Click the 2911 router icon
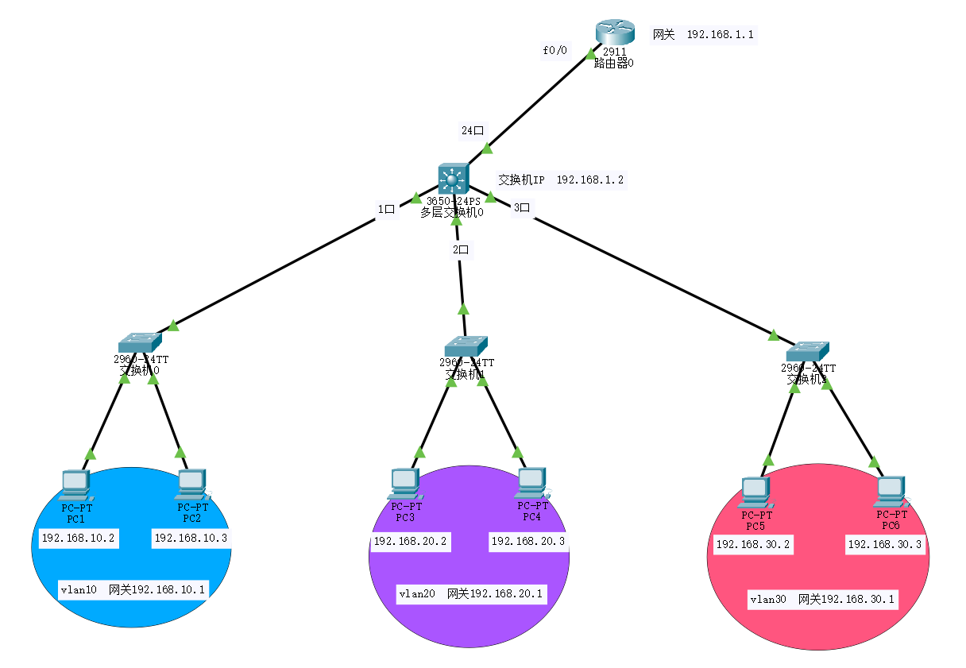614,33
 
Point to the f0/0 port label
555,50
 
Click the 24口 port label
473,130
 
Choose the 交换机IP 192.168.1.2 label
561,180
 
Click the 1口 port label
387,210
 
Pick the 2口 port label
461,249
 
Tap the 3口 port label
522,208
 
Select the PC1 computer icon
76,484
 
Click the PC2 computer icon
192,483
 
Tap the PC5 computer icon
755,492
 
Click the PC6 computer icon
890,492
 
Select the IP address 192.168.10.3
191,539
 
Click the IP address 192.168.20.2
411,542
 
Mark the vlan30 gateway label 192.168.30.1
823,600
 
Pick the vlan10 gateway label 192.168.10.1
133,589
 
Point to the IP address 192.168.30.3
885,545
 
